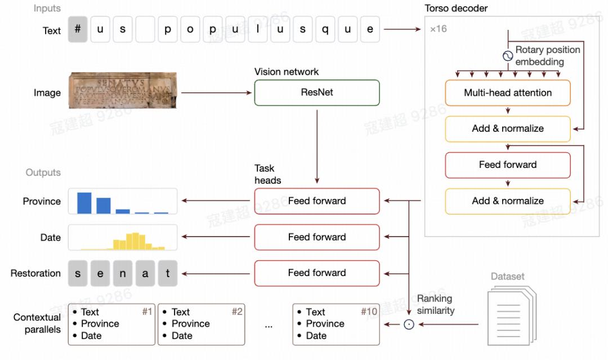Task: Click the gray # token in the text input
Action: click(78, 29)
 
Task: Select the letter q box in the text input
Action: click(325, 29)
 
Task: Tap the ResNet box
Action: click(317, 92)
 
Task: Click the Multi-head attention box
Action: click(508, 92)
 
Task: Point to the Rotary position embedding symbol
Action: click(508, 56)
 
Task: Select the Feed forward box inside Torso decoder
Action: click(508, 165)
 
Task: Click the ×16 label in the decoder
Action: click(439, 29)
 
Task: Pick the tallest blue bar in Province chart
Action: click(84, 203)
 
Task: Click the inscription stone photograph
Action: click(123, 90)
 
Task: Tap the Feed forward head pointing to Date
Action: click(317, 237)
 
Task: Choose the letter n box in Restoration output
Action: click(123, 273)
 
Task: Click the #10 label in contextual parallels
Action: click(369, 312)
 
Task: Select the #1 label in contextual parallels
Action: click(147, 312)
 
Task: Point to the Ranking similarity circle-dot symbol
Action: click(409, 325)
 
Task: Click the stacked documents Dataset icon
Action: click(511, 315)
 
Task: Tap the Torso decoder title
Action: click(455, 8)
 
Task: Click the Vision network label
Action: click(286, 72)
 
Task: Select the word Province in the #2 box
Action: click(191, 324)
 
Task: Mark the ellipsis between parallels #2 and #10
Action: click(269, 325)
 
